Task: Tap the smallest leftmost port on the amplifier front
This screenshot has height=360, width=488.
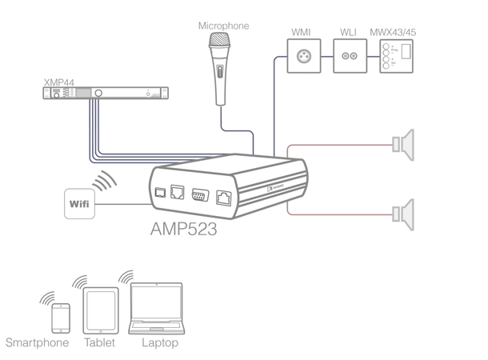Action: tap(161, 192)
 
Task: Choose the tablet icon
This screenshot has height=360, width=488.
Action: tap(99, 311)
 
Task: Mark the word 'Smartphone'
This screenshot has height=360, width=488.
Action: tap(37, 344)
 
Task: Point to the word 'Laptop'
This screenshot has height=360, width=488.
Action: tap(159, 344)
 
